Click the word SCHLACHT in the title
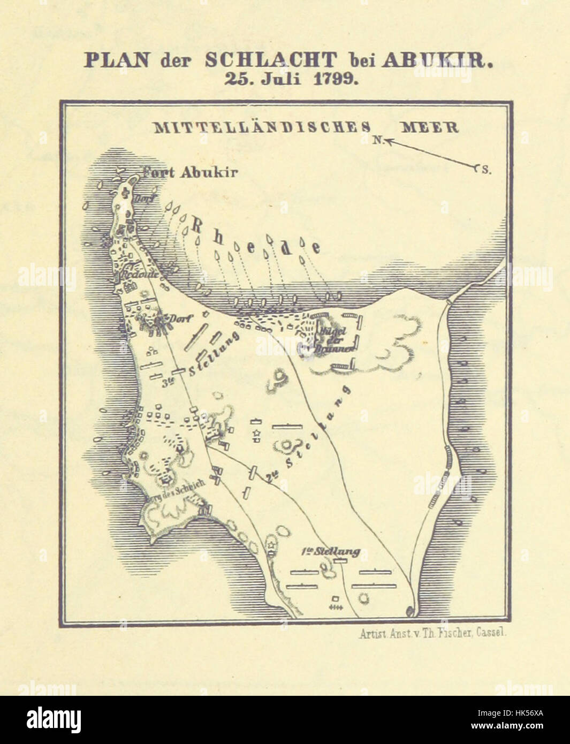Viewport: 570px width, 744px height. (x=270, y=59)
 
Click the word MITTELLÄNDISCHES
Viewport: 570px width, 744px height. (x=262, y=127)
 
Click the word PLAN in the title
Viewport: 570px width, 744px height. (x=117, y=59)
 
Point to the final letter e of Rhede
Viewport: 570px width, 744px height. (x=316, y=248)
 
